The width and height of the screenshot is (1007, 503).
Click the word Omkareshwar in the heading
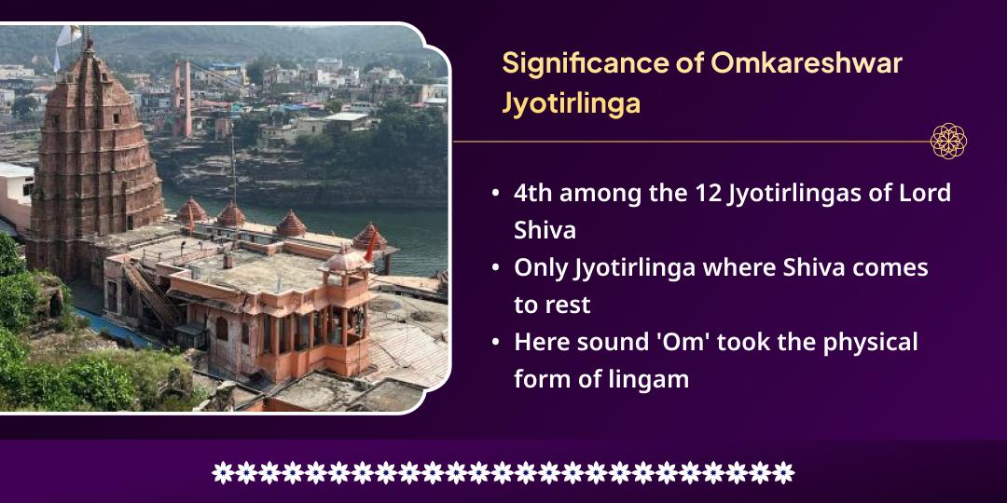(x=807, y=63)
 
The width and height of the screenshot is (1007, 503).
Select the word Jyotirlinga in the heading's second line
(x=571, y=104)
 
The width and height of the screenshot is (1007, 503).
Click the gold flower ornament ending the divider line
(x=948, y=142)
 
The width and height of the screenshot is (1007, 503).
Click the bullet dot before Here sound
(x=495, y=343)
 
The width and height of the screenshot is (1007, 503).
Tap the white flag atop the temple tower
(x=67, y=37)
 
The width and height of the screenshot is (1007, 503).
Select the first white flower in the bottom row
(x=222, y=472)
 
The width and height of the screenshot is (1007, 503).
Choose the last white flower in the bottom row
(x=783, y=472)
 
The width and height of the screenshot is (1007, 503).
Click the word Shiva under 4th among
(x=545, y=230)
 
